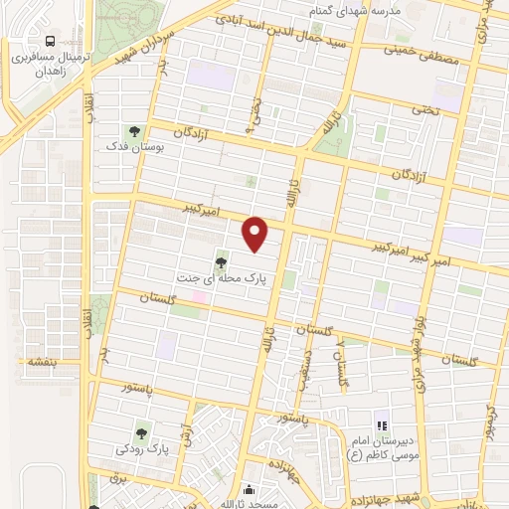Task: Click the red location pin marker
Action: point(256,234)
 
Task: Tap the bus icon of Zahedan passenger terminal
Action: point(50,43)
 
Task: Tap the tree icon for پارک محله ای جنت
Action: point(220,263)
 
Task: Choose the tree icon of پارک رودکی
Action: point(143,432)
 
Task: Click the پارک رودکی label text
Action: point(143,449)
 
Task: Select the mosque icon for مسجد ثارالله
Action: point(249,489)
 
